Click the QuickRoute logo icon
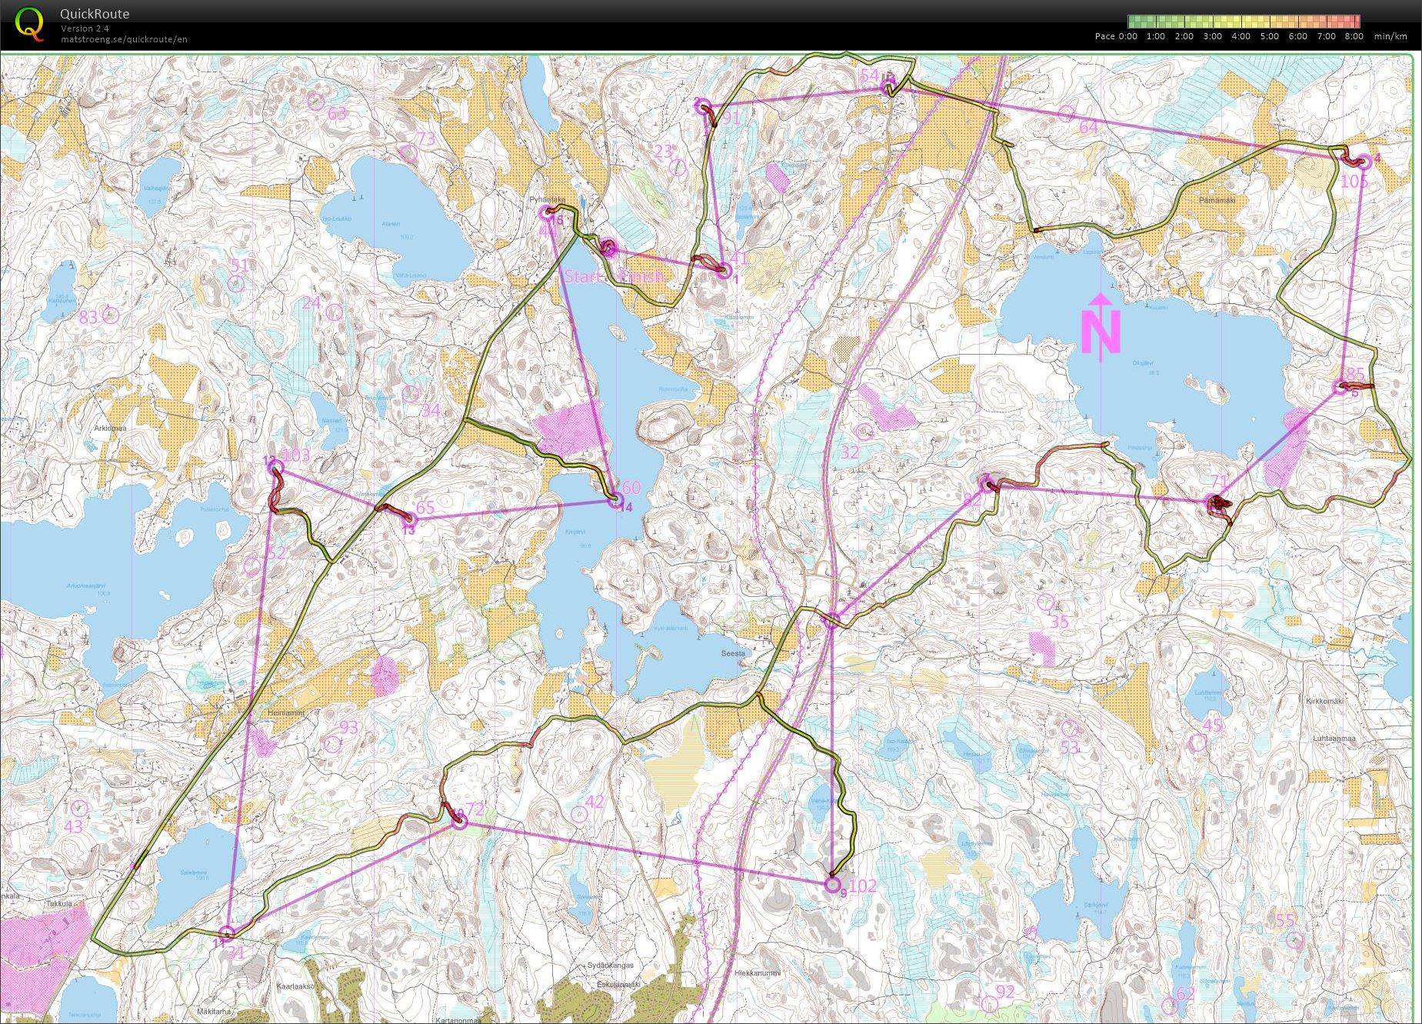[29, 23]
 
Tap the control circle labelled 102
[832, 885]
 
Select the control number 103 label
[296, 455]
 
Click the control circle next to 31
[226, 934]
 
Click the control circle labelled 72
[458, 822]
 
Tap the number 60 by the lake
[631, 488]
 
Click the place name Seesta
[733, 652]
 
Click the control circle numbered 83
[111, 315]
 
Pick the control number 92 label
[1004, 991]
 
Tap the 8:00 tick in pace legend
[1354, 36]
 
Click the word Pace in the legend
[1104, 36]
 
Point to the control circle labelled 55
[1295, 939]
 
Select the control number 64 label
[1089, 126]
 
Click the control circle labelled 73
[409, 153]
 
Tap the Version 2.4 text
[85, 28]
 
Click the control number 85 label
[1355, 375]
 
